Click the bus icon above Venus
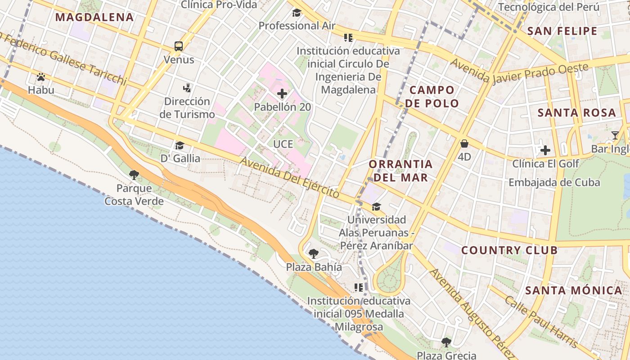coord(179,46)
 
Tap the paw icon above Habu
coord(41,77)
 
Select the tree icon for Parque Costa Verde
coord(134,175)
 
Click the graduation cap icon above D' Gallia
coord(180,145)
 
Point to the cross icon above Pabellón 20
coord(282,94)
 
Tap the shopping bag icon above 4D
coord(464,144)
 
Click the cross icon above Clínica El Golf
coord(545,150)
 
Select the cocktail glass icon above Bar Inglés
coord(615,135)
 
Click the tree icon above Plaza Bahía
coord(314,254)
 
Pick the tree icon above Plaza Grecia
coord(446,342)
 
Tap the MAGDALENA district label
coord(94,18)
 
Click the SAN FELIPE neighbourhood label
coord(562,31)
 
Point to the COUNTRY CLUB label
coord(509,250)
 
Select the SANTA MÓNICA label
coord(574,290)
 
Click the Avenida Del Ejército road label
coord(289,177)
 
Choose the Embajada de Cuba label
coord(554,182)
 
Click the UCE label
coord(283,144)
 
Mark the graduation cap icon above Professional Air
coord(297,13)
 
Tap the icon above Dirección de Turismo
coord(187,88)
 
